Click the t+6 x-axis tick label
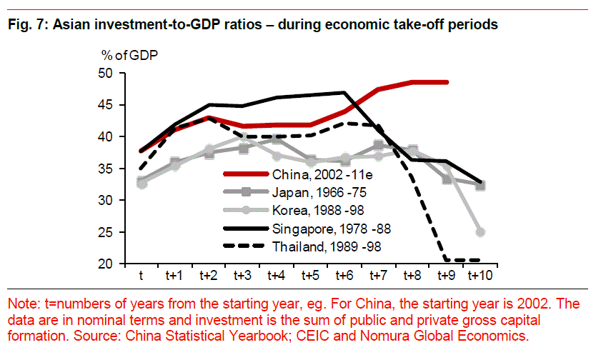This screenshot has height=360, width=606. (x=344, y=276)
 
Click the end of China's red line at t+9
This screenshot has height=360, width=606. (x=447, y=82)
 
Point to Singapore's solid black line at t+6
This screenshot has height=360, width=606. (x=344, y=93)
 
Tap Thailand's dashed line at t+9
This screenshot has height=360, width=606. (x=447, y=260)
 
